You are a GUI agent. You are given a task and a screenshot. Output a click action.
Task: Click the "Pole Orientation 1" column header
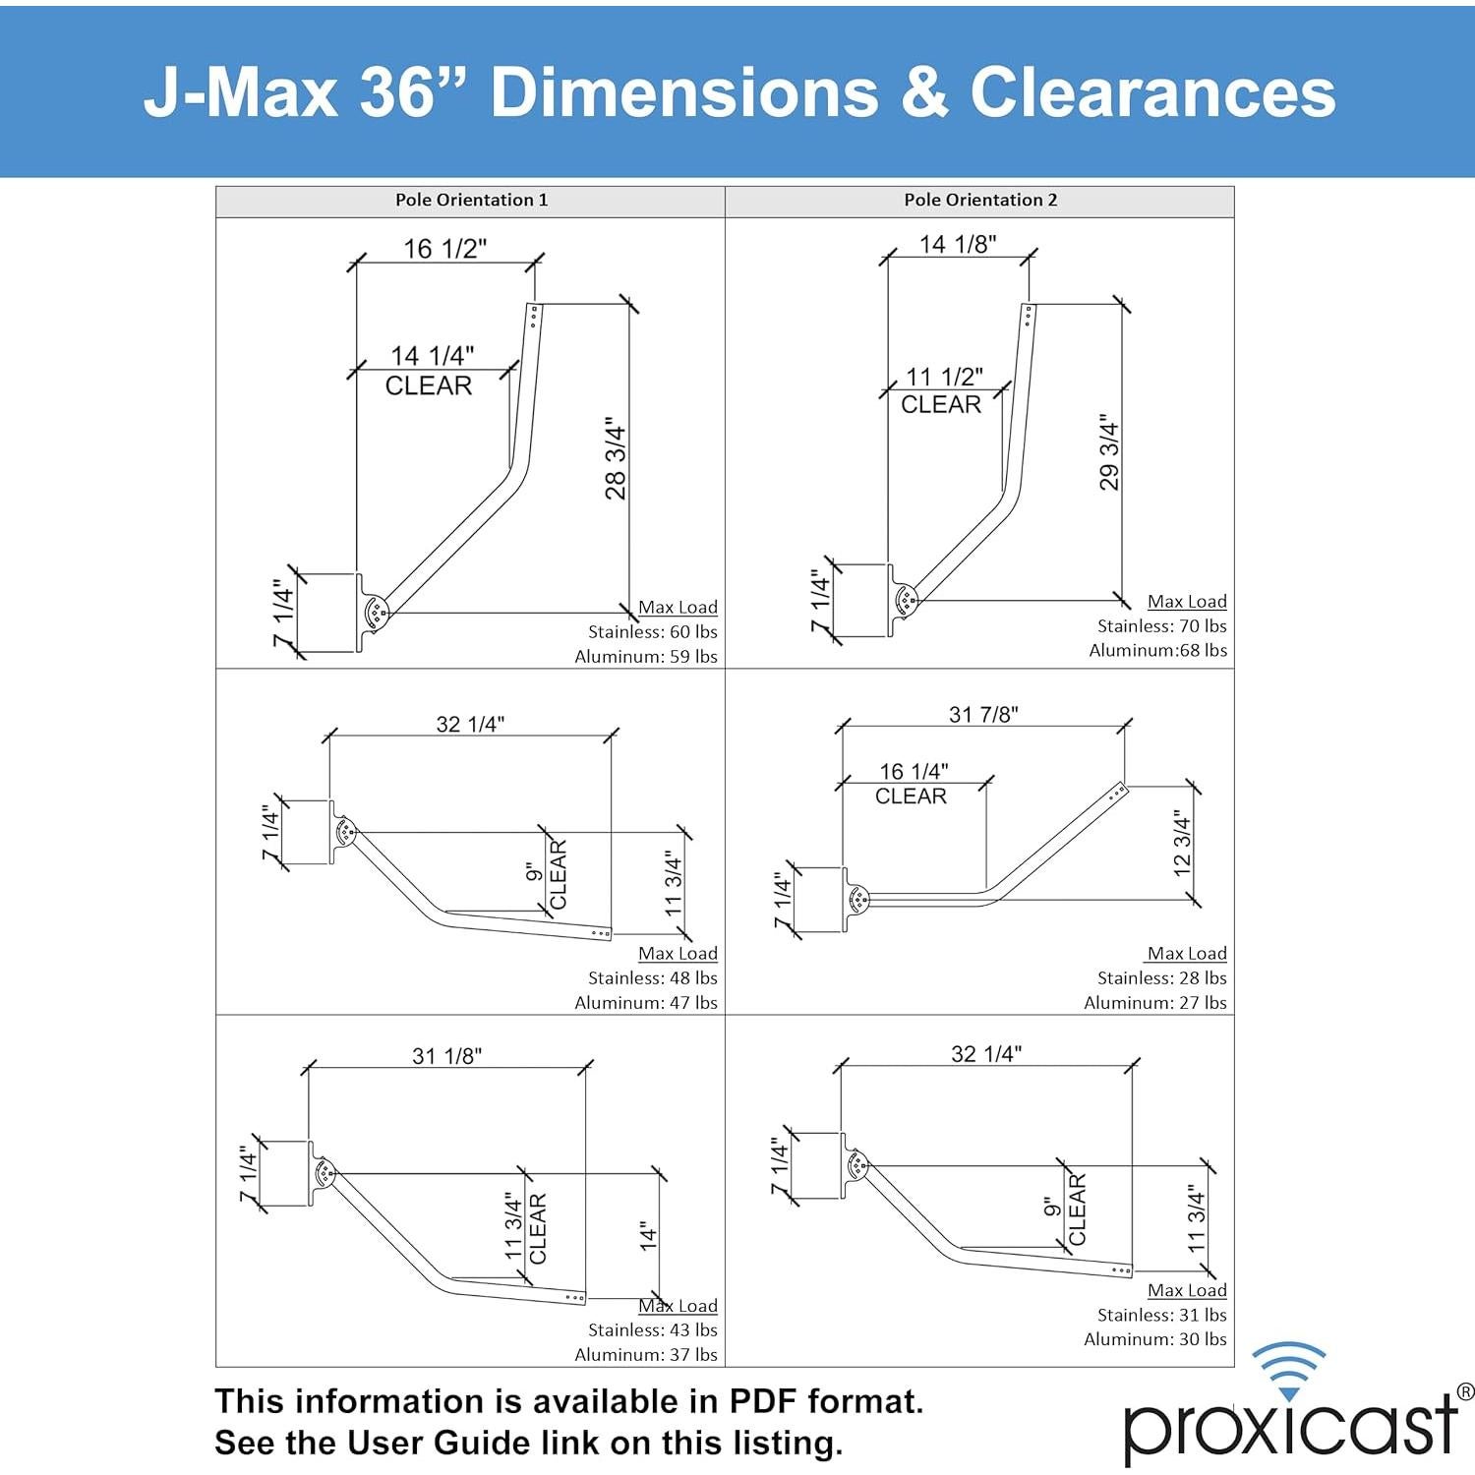471,200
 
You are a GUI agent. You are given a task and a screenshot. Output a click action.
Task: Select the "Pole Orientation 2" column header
980,200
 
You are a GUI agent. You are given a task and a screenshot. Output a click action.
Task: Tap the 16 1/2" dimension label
445,249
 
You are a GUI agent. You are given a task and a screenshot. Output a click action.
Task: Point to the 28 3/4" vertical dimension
616,458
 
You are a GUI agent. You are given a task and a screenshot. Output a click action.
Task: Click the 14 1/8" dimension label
958,244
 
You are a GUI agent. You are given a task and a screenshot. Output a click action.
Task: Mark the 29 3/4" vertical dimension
1109,452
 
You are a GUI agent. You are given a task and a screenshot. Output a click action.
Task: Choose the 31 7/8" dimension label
983,714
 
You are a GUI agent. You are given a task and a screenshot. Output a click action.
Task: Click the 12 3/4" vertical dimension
1182,843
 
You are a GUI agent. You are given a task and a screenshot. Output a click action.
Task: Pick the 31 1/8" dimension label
446,1056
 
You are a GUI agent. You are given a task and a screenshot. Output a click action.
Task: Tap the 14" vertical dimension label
648,1236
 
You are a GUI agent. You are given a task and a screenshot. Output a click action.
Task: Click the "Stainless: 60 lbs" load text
652,631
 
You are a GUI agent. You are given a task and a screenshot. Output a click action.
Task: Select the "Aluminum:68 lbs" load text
1157,650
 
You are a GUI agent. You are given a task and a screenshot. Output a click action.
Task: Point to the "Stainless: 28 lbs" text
1161,977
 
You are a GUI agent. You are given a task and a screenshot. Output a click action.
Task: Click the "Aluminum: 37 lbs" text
646,1354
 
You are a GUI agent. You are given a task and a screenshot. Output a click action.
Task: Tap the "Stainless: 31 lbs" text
1161,1315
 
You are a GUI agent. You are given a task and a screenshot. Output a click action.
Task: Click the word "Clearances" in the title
1152,93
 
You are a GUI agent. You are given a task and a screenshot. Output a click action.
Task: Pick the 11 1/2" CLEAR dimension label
943,378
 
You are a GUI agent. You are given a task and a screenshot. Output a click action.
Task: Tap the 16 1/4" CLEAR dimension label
914,772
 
